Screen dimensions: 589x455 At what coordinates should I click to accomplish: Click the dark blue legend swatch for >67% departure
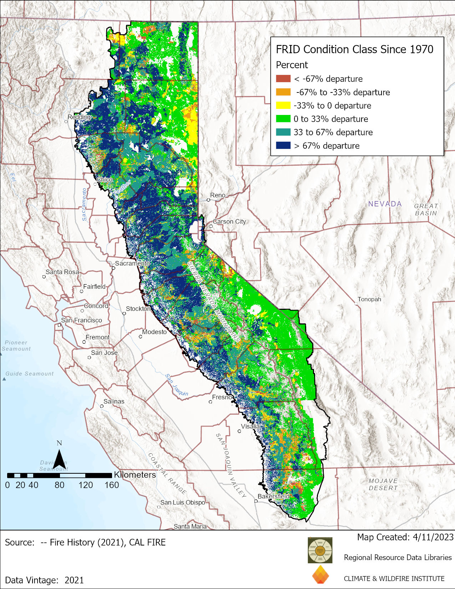pyautogui.click(x=283, y=146)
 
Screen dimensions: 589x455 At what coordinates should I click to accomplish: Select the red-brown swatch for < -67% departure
pyautogui.click(x=283, y=79)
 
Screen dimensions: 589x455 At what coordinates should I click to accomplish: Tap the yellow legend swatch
pyautogui.click(x=283, y=105)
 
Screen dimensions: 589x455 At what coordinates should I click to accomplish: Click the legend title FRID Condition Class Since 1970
pyautogui.click(x=354, y=49)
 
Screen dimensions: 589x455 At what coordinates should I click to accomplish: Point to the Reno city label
pyautogui.click(x=218, y=195)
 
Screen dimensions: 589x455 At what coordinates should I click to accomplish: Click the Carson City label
pyautogui.click(x=229, y=222)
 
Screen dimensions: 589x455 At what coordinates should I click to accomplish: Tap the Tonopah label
pyautogui.click(x=369, y=299)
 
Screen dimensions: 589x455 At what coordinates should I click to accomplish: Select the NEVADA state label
pyautogui.click(x=385, y=204)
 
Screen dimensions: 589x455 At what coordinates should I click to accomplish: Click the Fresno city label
pyautogui.click(x=222, y=397)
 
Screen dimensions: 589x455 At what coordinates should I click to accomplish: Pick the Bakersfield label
pyautogui.click(x=273, y=497)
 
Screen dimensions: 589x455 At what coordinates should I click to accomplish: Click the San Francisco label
pyautogui.click(x=81, y=320)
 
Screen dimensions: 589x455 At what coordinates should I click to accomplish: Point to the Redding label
pyautogui.click(x=79, y=117)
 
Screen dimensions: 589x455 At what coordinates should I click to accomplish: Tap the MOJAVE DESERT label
pyautogui.click(x=383, y=484)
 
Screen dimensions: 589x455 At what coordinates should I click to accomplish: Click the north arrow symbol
pyautogui.click(x=59, y=459)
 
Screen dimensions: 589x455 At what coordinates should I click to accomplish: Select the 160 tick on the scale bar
pyautogui.click(x=112, y=485)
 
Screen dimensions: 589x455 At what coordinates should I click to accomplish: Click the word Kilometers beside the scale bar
pyautogui.click(x=135, y=475)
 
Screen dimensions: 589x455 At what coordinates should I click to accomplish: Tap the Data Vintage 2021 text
pyautogui.click(x=44, y=580)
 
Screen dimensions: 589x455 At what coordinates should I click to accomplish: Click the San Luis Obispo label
pyautogui.click(x=183, y=502)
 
